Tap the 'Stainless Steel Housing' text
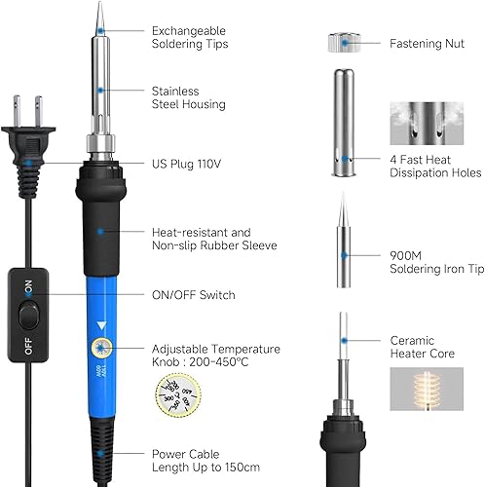188,97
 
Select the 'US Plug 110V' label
186,164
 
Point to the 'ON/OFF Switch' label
194,294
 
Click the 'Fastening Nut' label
429,43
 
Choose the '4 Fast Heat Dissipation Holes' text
434,166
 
